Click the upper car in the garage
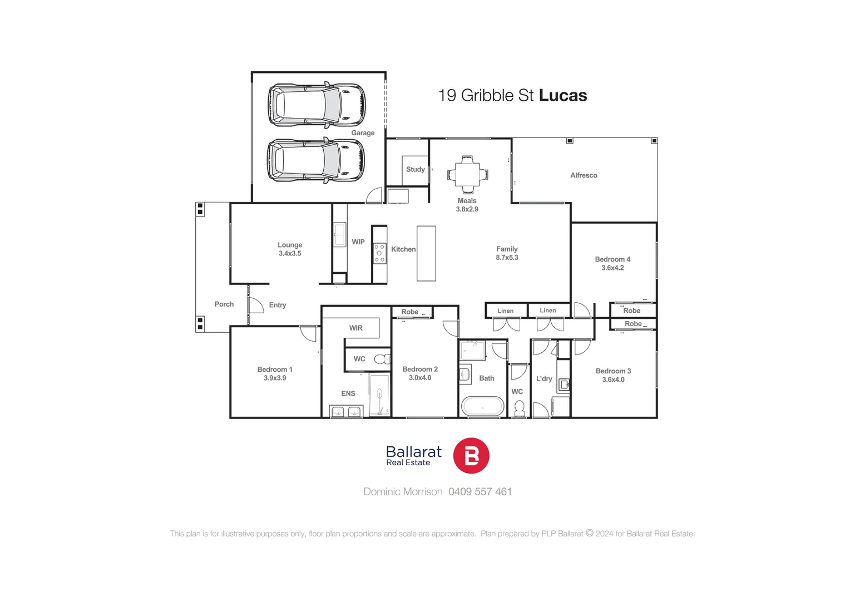[317, 104]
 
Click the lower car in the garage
[316, 160]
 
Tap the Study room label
[415, 169]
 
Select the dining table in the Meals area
[467, 174]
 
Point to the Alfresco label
[584, 175]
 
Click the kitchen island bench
[426, 253]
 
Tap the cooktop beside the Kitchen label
[379, 253]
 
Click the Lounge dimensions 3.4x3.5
[290, 254]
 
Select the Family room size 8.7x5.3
[507, 258]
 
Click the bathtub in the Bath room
[482, 406]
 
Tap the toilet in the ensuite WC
[382, 359]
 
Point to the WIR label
[355, 328]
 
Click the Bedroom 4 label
[612, 259]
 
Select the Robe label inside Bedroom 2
[409, 312]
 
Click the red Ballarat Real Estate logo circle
[471, 456]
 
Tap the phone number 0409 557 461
[480, 491]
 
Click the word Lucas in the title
[563, 95]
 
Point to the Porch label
[224, 304]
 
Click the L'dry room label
[544, 378]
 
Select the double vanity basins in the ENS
[345, 412]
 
